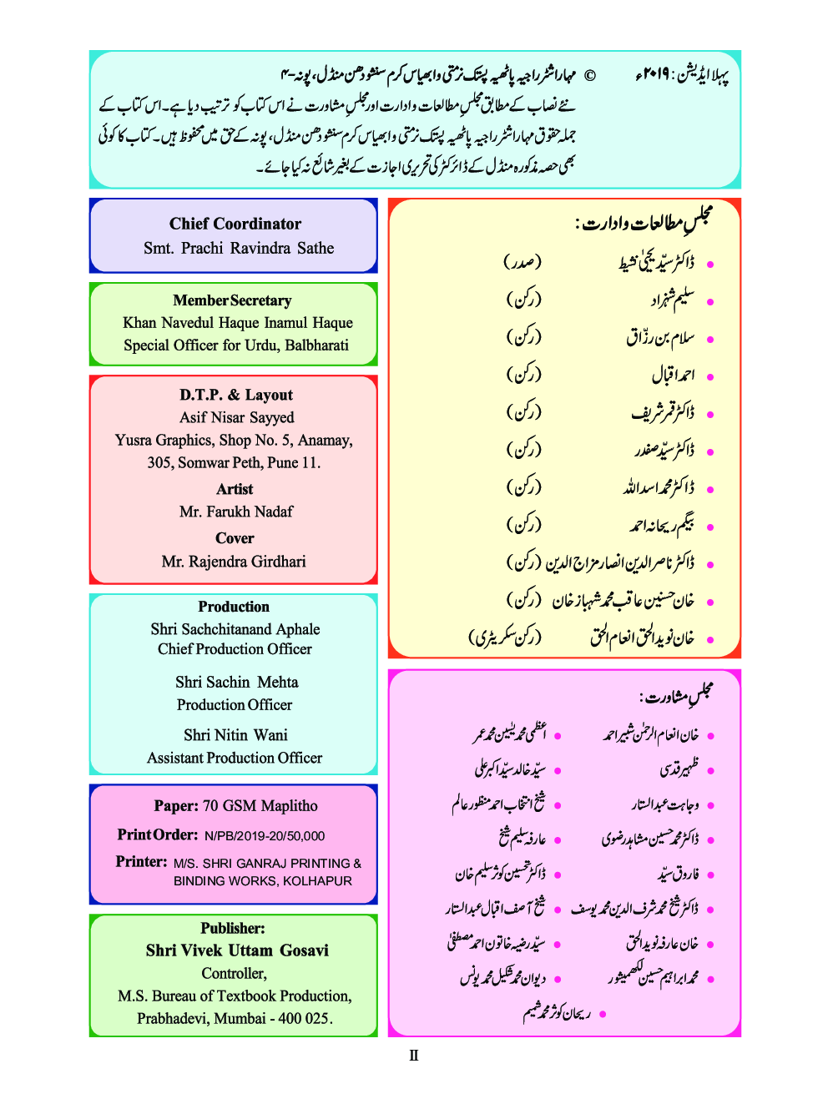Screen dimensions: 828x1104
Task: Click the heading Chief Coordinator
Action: coord(235,224)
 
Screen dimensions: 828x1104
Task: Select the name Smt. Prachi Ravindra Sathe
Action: coord(238,248)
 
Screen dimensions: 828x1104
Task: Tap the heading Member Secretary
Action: coord(232,300)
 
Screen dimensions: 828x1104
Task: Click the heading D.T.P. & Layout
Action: coord(235,395)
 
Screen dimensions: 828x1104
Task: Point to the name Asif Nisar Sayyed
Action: coord(236,417)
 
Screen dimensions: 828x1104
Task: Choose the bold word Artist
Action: coord(235,489)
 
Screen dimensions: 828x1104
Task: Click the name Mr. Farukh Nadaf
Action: coord(235,512)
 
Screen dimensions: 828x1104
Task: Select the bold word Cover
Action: coord(235,538)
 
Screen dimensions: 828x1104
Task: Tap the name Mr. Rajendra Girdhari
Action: coord(234,562)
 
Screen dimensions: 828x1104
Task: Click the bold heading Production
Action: coord(234,607)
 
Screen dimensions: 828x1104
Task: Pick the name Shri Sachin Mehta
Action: coord(236,682)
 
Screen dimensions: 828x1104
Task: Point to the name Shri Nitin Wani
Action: coord(235,735)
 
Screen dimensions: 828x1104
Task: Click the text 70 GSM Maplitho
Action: coord(260,806)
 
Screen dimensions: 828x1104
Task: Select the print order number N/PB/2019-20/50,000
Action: coord(265,836)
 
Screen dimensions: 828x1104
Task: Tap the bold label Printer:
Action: coord(141,862)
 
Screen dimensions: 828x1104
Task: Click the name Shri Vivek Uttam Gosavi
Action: coord(237,950)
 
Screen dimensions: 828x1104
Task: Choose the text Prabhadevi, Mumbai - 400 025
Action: coord(235,1018)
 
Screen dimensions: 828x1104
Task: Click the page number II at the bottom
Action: coord(413,1056)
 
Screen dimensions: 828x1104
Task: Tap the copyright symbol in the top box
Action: coord(589,76)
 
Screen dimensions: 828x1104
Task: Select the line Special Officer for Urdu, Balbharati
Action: coord(236,345)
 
